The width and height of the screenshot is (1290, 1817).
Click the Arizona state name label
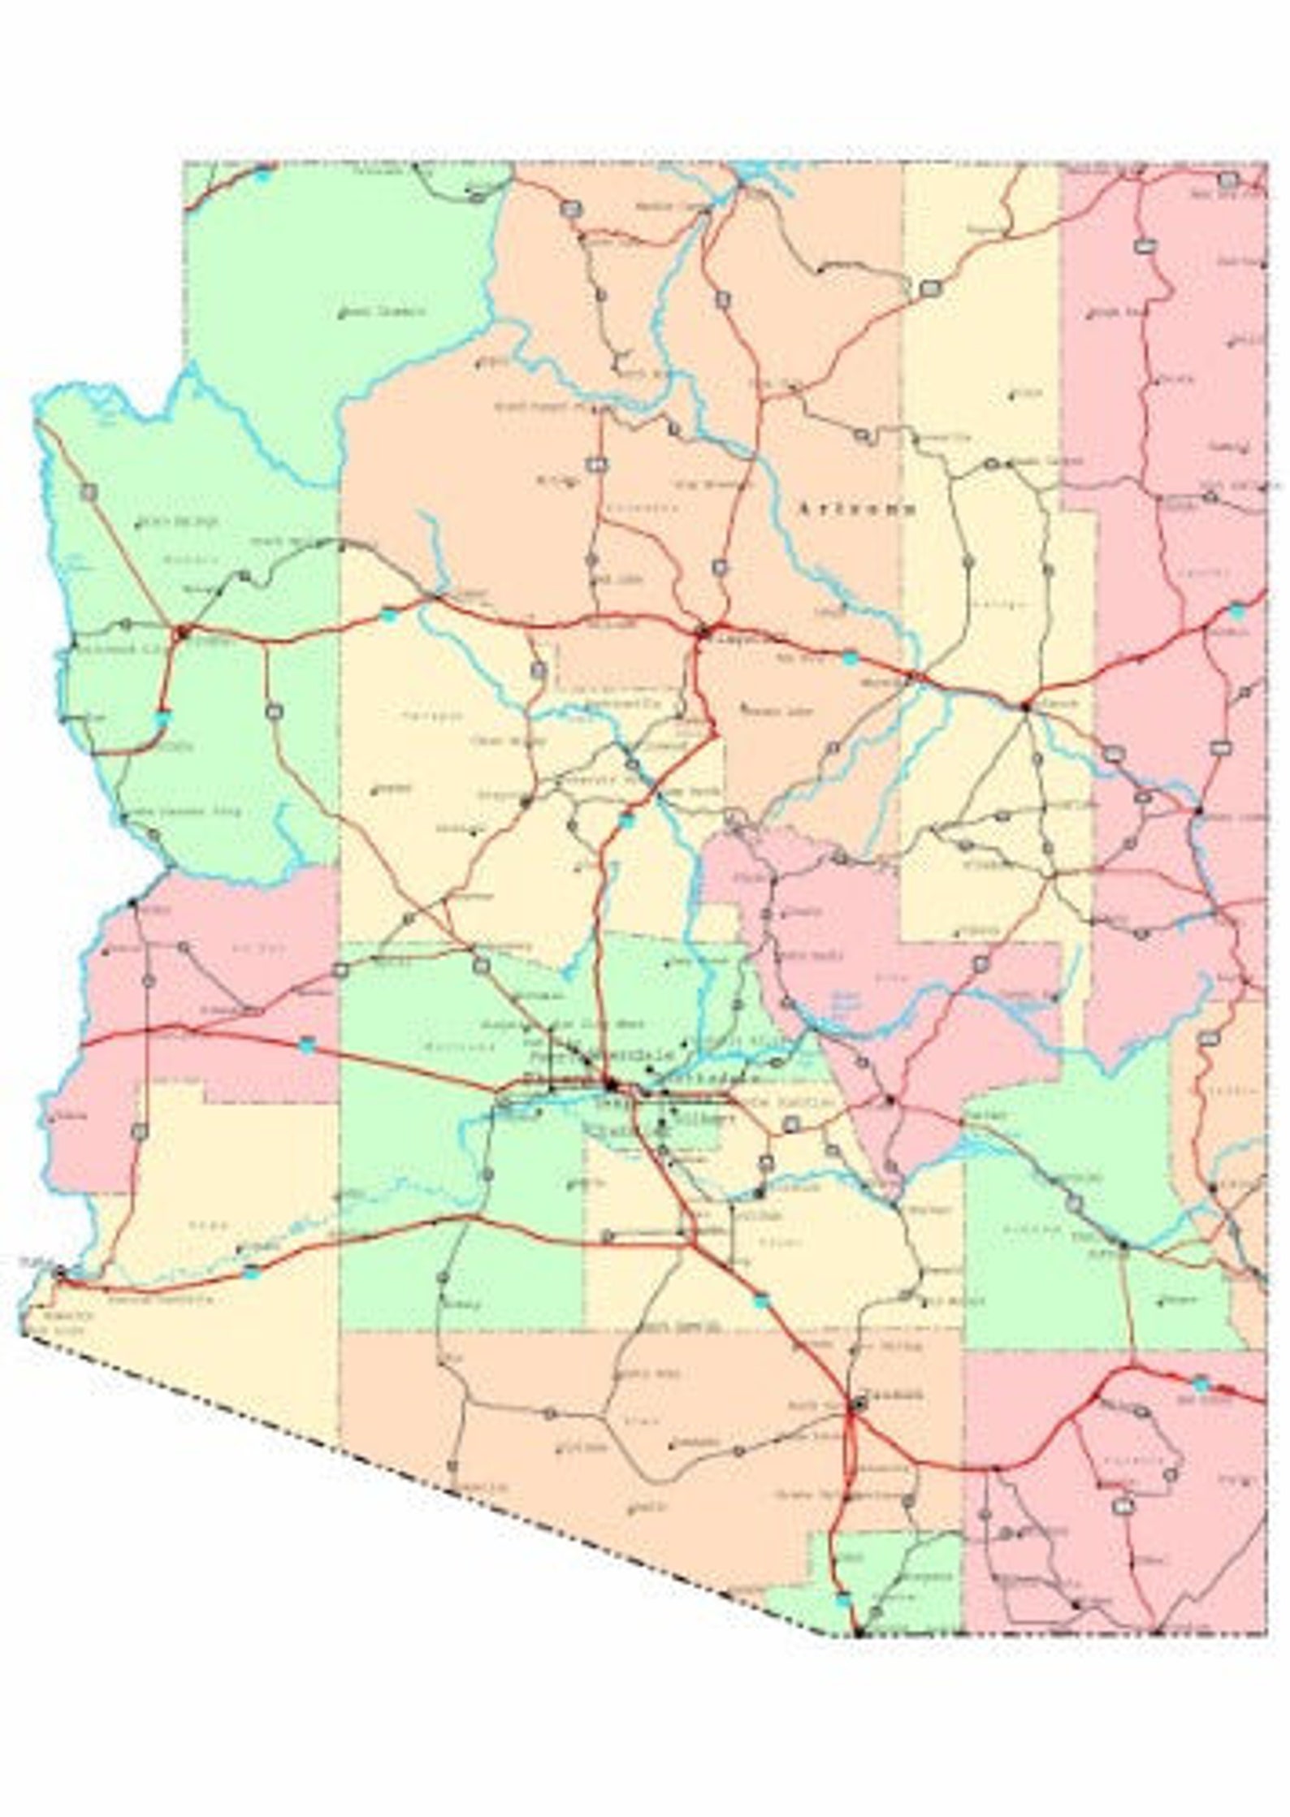858,509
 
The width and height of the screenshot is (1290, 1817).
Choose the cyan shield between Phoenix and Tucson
760,1301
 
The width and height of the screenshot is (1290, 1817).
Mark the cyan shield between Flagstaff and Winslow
850,658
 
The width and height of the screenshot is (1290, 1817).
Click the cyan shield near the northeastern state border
1236,612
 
